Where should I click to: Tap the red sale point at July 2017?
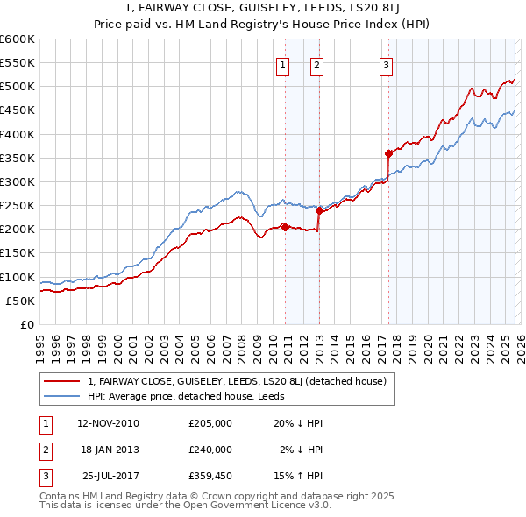pos(387,152)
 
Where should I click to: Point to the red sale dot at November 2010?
pos(285,226)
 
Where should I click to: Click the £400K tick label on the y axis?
pos(18,134)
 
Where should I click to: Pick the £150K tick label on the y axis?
pos(18,253)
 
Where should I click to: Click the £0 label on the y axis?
pos(27,324)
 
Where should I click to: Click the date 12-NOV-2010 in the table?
pos(108,423)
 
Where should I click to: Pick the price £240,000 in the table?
pos(210,450)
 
